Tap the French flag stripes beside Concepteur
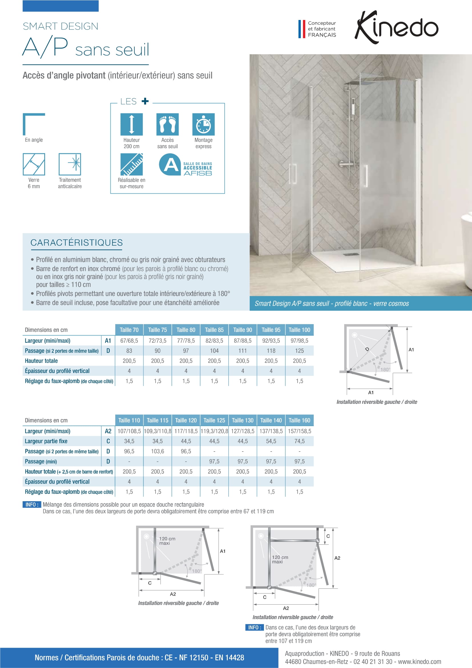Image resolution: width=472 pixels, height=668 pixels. click(x=302, y=29)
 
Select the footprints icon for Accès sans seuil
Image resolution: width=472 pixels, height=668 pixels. click(x=168, y=124)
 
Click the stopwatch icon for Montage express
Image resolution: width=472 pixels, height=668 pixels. click(x=203, y=124)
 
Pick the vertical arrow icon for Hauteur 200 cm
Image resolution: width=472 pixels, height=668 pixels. click(x=131, y=124)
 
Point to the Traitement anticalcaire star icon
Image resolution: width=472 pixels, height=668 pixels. click(x=70, y=164)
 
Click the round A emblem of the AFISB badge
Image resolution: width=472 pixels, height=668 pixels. click(x=170, y=165)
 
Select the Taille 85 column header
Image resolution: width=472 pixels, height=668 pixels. click(x=214, y=330)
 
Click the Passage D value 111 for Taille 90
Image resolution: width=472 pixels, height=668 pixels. click(x=242, y=351)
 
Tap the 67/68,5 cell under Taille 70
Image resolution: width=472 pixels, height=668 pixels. click(x=129, y=340)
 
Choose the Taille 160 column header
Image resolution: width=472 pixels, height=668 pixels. click(x=299, y=420)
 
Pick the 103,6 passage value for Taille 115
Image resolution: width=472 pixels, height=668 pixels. click(x=158, y=451)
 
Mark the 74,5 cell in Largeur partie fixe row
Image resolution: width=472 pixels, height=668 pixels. click(x=299, y=441)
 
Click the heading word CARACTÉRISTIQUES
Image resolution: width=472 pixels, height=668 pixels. click(x=76, y=242)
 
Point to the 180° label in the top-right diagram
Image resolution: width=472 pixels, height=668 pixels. click(x=385, y=370)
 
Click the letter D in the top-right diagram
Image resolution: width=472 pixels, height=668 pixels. click(x=367, y=349)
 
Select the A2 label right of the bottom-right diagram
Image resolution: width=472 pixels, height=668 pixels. click(x=337, y=558)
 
